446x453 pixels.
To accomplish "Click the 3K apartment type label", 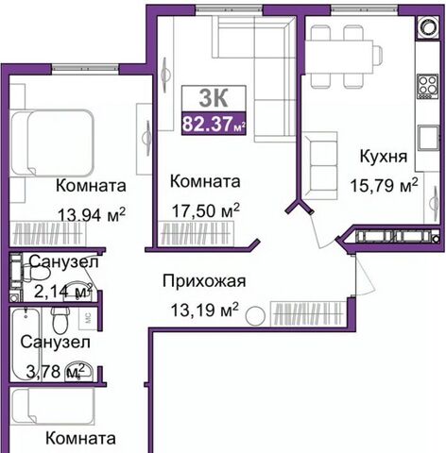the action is [214, 98].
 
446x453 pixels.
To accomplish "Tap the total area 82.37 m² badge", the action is [214, 124].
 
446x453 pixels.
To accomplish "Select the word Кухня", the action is [384, 157].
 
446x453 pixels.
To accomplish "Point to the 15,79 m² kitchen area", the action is [385, 185].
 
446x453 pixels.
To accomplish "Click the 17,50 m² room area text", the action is [206, 210].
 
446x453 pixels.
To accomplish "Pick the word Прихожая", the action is [204, 281].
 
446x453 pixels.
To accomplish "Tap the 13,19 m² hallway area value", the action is [204, 310].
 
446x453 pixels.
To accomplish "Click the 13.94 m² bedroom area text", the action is [92, 214].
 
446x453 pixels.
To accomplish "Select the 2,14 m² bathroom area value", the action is [62, 292].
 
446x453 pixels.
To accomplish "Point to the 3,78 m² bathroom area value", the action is [56, 372].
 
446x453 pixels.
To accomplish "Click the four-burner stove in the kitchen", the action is [428, 87].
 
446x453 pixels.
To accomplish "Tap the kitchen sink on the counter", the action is [428, 138].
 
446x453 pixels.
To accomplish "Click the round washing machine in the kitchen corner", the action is [428, 27].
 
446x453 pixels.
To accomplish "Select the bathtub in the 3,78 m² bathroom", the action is [26, 344].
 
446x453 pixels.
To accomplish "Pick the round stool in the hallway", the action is [255, 316].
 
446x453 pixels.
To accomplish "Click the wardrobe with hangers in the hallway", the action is [308, 313].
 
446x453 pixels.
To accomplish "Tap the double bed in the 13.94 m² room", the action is [52, 142].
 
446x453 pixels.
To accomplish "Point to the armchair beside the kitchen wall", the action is [320, 165].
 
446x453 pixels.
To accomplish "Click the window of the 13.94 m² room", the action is [85, 68].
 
